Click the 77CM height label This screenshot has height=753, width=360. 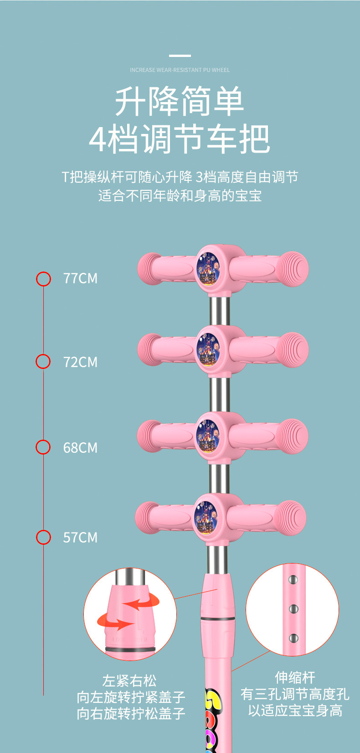[x=80, y=278]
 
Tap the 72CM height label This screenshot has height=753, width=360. [x=80, y=362]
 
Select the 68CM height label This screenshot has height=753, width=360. [x=80, y=448]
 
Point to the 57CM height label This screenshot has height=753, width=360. [x=80, y=538]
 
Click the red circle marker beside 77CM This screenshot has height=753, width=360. [x=44, y=279]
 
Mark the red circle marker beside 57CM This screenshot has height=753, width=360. [x=43, y=537]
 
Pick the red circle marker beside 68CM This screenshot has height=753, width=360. [x=43, y=447]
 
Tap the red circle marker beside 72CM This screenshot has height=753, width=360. [x=43, y=362]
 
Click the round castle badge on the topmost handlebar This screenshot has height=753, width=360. [x=208, y=268]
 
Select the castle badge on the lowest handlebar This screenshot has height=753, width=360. [x=206, y=517]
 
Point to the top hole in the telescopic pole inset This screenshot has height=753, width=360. [x=293, y=580]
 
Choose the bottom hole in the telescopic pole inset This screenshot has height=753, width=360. [x=293, y=639]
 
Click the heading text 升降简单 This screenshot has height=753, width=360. [x=180, y=102]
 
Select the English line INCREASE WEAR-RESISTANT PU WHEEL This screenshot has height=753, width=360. [x=180, y=70]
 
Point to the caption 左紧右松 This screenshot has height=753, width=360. [x=129, y=681]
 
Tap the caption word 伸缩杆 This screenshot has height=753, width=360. [x=295, y=677]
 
